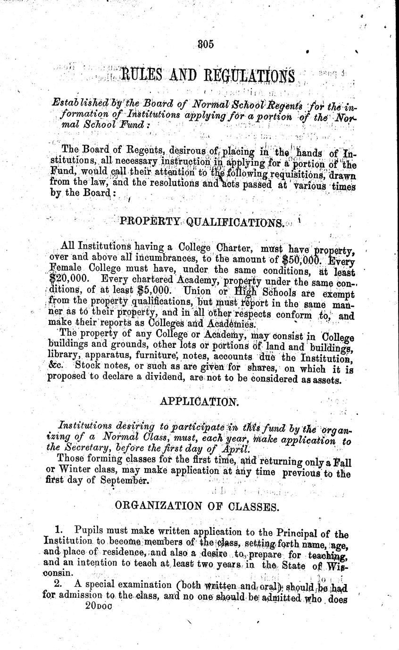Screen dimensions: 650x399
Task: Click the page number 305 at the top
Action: [206, 44]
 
